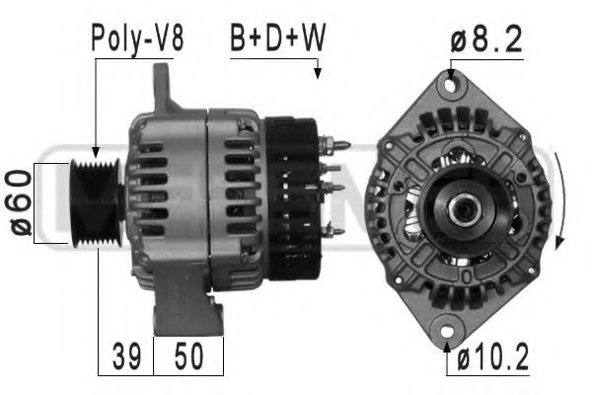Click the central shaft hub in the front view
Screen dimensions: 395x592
[x=461, y=209]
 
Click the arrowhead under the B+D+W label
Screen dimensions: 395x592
[x=318, y=72]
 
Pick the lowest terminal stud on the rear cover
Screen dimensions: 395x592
[x=335, y=231]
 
